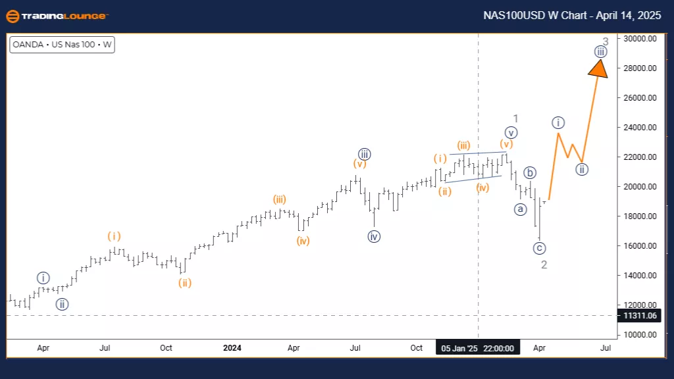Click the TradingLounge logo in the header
[57, 16]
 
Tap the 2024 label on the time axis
[232, 347]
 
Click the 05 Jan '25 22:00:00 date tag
[478, 347]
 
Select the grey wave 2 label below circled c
[544, 265]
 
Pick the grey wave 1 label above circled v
[517, 118]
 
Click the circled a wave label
[521, 209]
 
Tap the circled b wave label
[530, 173]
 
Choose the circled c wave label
[540, 248]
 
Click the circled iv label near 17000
[374, 236]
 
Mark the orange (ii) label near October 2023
[184, 283]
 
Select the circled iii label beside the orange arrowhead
[600, 51]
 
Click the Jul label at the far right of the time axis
[606, 347]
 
